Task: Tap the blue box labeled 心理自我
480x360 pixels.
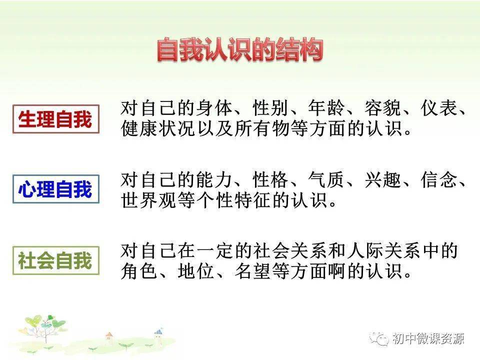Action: pyautogui.click(x=55, y=190)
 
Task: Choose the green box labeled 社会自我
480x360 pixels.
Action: pyautogui.click(x=55, y=260)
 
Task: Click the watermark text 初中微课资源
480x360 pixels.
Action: pyautogui.click(x=428, y=338)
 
